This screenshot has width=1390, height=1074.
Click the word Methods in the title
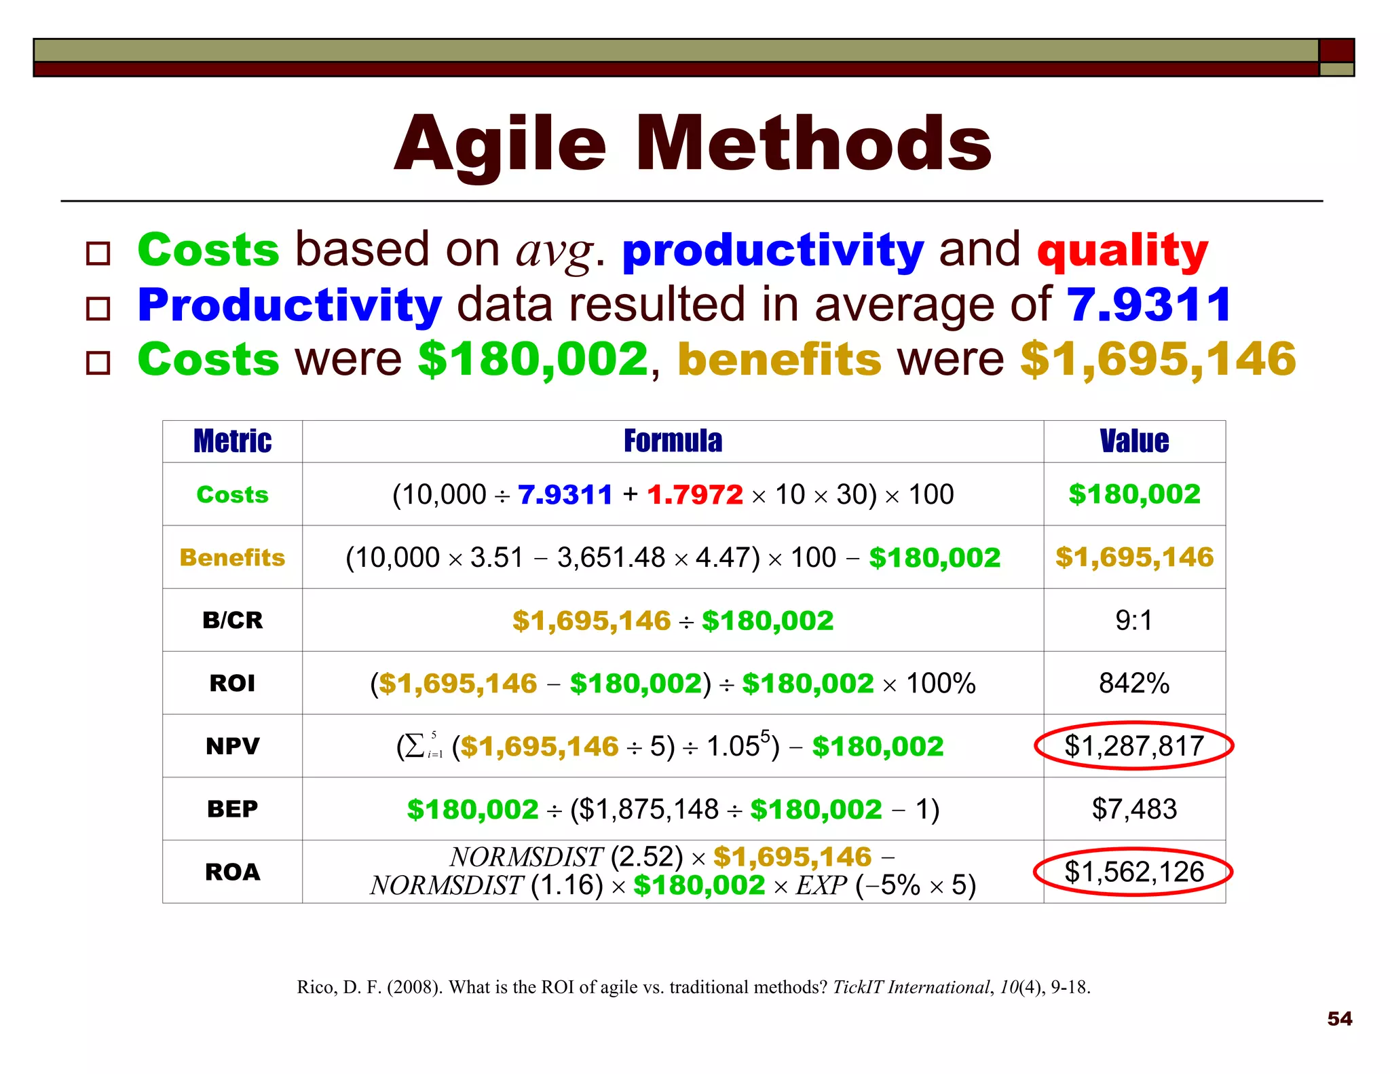coord(813,143)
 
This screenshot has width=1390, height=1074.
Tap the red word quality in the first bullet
coord(1123,250)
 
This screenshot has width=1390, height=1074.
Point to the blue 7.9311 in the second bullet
coord(1149,304)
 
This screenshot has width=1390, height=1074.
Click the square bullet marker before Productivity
coord(98,309)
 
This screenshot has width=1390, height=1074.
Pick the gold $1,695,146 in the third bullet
coord(1158,358)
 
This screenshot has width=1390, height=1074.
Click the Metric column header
coord(232,441)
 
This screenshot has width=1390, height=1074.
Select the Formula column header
coord(673,441)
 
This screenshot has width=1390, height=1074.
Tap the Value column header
coord(1134,441)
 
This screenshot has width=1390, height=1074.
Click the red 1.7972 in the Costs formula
coord(694,494)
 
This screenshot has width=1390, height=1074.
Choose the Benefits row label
coord(232,557)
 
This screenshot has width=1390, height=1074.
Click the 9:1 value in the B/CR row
coord(1133,620)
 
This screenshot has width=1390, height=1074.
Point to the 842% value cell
coord(1133,683)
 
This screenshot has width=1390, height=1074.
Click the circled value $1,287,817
coord(1133,745)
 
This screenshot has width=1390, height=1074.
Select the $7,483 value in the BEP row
coord(1133,809)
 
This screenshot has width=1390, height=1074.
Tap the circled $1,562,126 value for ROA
coord(1133,872)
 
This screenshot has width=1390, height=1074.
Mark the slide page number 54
coord(1339,1018)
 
